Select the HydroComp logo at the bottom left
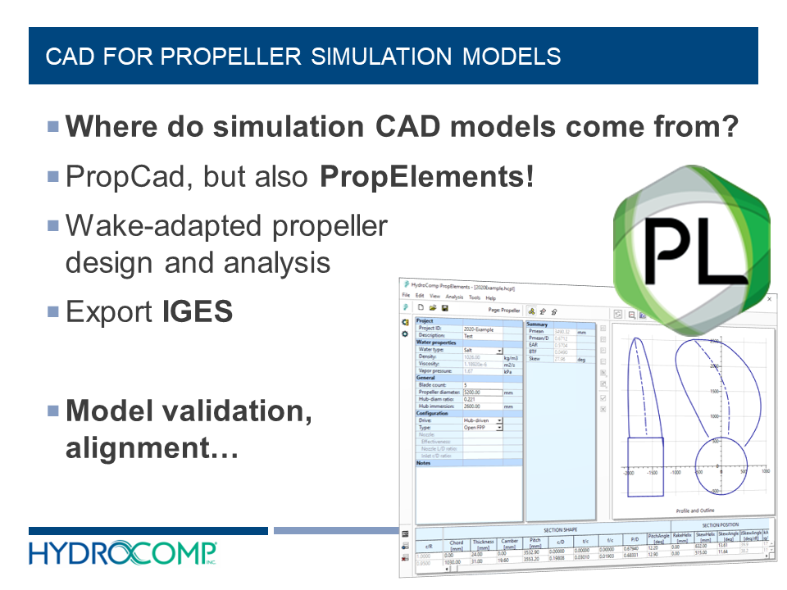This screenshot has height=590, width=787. (x=123, y=553)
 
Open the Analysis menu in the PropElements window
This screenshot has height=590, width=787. (x=454, y=297)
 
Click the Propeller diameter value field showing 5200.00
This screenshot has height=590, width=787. (x=482, y=393)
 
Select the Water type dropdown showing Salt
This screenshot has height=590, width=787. (x=482, y=350)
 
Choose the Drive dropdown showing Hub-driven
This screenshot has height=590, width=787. (x=482, y=420)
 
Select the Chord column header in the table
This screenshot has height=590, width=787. (x=456, y=545)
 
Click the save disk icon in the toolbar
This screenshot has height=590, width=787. (x=444, y=309)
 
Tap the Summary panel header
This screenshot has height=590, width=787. (x=537, y=324)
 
